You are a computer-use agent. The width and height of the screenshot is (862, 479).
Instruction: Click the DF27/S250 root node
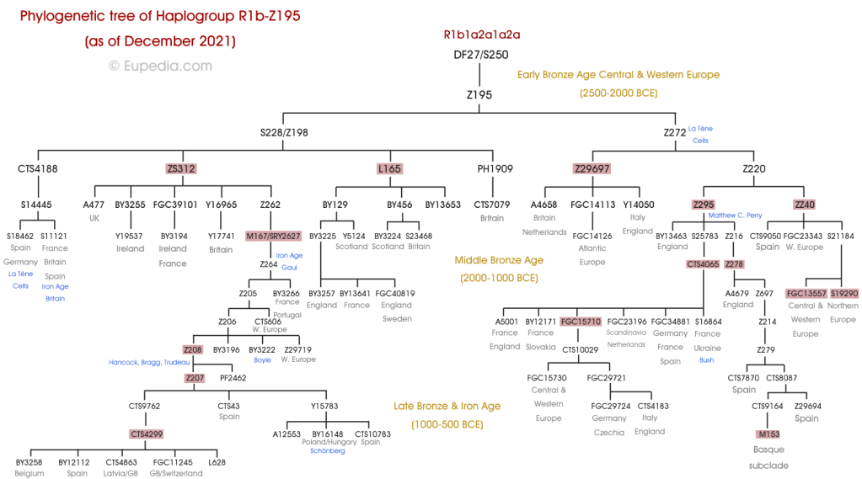click(x=481, y=56)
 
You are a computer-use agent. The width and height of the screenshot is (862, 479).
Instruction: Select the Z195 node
click(x=479, y=95)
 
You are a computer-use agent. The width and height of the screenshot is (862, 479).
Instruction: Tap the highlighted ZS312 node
click(x=181, y=169)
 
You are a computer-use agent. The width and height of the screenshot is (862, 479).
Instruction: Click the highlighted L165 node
click(x=389, y=169)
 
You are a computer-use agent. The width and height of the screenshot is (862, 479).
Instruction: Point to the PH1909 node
click(x=495, y=169)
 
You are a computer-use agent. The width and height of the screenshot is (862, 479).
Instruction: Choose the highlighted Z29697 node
click(x=592, y=169)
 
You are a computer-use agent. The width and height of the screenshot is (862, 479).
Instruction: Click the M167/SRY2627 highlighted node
click(x=273, y=236)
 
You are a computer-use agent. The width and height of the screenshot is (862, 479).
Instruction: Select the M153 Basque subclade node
click(x=768, y=434)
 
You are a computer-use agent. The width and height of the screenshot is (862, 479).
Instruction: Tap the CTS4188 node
click(x=38, y=169)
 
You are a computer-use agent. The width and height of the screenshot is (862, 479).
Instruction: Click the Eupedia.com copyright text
click(x=160, y=66)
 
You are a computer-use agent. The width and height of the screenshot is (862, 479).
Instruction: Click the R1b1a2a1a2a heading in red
click(x=481, y=35)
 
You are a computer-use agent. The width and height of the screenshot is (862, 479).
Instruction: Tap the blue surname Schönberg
click(x=328, y=451)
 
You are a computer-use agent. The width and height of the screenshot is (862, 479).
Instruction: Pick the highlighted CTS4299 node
click(x=147, y=434)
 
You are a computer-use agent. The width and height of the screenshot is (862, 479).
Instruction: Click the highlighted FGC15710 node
click(x=581, y=322)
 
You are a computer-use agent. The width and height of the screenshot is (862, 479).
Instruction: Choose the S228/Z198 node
click(x=284, y=131)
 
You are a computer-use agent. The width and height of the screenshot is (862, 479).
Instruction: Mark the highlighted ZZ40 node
click(x=805, y=205)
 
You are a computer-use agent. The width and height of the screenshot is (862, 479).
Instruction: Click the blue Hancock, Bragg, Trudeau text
click(x=149, y=363)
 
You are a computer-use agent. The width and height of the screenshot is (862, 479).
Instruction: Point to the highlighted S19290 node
click(x=843, y=293)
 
